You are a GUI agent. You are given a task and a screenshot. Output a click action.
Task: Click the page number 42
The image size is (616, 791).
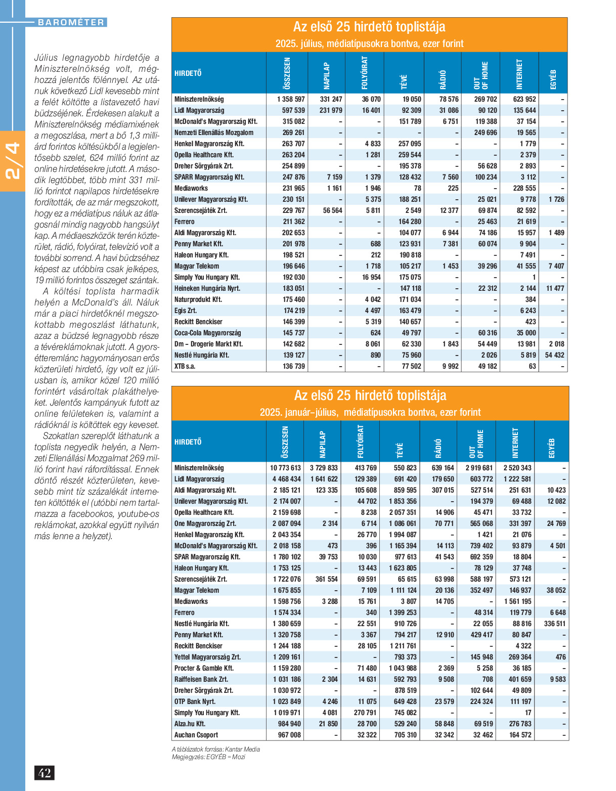tap(45, 773)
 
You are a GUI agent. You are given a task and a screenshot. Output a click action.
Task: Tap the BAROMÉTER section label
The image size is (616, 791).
tap(71, 22)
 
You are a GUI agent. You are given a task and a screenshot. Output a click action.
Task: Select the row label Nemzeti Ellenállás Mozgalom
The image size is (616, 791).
tap(214, 133)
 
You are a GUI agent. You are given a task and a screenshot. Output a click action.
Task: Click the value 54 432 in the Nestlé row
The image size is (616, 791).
tap(554, 355)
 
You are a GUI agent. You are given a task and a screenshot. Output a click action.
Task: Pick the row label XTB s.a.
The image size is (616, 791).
tap(185, 366)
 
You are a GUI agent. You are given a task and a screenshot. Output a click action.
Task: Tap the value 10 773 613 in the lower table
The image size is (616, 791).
tap(285, 468)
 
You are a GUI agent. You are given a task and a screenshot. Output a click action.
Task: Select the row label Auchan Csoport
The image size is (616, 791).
tap(196, 735)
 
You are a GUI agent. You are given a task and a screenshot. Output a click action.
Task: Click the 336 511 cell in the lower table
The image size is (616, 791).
tap(555, 624)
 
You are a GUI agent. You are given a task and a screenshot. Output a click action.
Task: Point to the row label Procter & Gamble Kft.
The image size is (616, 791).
tap(204, 668)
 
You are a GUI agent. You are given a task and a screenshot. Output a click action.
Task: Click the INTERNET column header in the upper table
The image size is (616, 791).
tap(519, 73)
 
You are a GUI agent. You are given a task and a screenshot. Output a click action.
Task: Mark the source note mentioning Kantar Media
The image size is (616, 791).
tap(216, 749)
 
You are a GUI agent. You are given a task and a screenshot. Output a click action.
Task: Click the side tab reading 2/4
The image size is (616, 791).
tap(12, 160)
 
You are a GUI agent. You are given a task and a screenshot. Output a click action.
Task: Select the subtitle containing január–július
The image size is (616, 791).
tap(370, 412)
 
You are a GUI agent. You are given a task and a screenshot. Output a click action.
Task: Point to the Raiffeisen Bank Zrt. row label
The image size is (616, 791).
tap(201, 679)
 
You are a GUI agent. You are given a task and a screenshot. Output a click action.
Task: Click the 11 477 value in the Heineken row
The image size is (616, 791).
tap(555, 288)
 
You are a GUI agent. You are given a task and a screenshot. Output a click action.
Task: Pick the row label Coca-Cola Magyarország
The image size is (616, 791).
tap(207, 333)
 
